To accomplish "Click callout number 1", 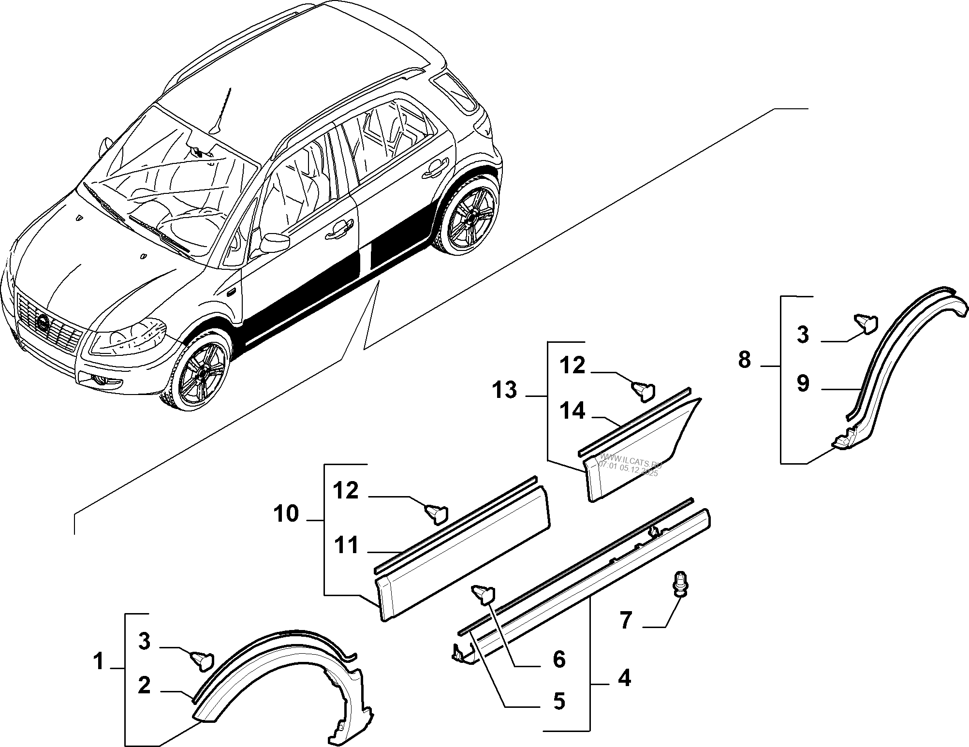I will click(99, 661).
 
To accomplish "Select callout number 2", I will click(144, 686).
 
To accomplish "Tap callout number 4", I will click(624, 679).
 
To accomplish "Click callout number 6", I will click(559, 659).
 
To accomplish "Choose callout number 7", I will click(626, 620).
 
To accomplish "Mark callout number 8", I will click(744, 360).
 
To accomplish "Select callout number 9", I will click(803, 384).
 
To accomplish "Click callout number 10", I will click(287, 513).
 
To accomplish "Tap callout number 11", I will click(346, 545).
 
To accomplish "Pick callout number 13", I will click(505, 390).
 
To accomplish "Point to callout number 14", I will click(573, 411).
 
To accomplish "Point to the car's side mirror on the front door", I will click(274, 242).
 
